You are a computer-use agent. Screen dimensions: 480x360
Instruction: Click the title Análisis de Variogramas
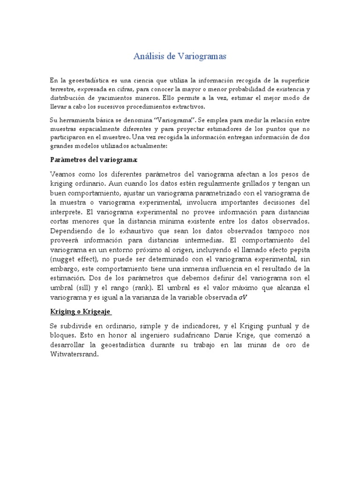(180, 57)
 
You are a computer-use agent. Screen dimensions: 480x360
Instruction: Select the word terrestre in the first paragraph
(63, 89)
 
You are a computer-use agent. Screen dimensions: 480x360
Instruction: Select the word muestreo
(117, 137)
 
